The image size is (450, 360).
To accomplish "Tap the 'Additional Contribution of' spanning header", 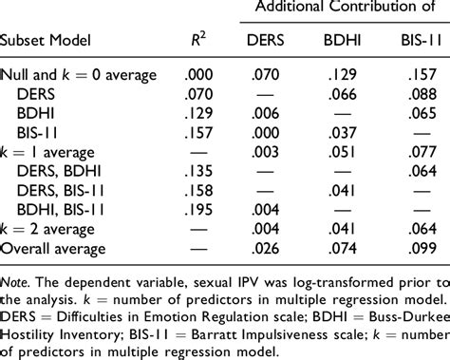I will (340, 9).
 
